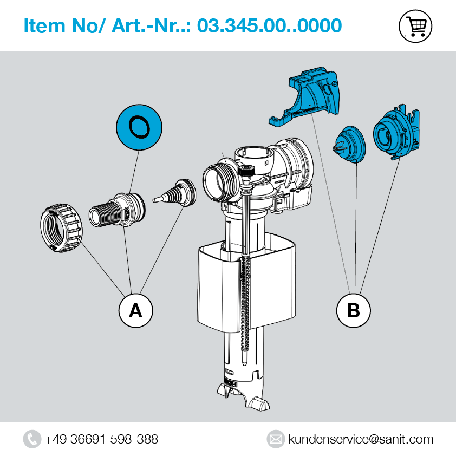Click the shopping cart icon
pyautogui.click(x=415, y=26)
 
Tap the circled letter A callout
pyautogui.click(x=135, y=310)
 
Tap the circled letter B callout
pyautogui.click(x=353, y=310)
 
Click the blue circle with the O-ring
pyautogui.click(x=139, y=127)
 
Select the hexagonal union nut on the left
pyautogui.click(x=61, y=228)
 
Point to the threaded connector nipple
pyautogui.click(x=117, y=210)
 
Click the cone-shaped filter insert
pyautogui.click(x=174, y=192)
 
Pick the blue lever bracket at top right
pyautogui.click(x=305, y=96)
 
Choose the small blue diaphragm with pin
pyautogui.click(x=349, y=144)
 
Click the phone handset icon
pyautogui.click(x=32, y=439)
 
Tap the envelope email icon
pyautogui.click(x=276, y=439)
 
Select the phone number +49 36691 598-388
pyautogui.click(x=101, y=439)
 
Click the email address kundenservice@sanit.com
pyautogui.click(x=361, y=439)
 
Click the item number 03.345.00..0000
pyautogui.click(x=269, y=25)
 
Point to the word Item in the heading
pyautogui.click(x=44, y=25)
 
